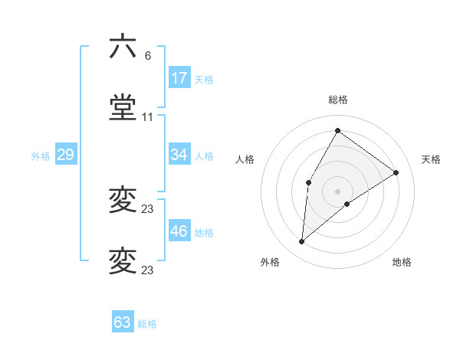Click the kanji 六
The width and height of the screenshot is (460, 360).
click(x=123, y=47)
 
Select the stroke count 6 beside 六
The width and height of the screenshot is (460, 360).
click(x=148, y=56)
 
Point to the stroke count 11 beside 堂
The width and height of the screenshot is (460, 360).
click(x=148, y=117)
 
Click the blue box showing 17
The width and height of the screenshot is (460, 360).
click(x=179, y=78)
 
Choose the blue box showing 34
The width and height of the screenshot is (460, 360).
click(x=179, y=155)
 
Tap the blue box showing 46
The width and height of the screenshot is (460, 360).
click(x=179, y=231)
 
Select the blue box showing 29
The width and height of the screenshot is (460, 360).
click(x=65, y=155)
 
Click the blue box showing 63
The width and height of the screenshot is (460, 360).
click(x=123, y=322)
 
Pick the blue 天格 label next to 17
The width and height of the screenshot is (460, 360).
click(x=203, y=80)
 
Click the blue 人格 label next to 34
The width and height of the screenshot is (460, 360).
click(x=203, y=156)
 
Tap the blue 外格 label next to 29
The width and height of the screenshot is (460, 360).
click(x=41, y=156)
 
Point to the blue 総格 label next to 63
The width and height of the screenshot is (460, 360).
click(x=147, y=324)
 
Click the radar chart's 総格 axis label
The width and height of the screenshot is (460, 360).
click(x=337, y=100)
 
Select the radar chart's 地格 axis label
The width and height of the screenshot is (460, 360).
click(x=402, y=262)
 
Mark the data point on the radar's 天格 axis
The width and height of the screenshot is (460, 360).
click(x=396, y=172)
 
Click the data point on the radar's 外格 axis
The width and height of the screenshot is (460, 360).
click(x=302, y=242)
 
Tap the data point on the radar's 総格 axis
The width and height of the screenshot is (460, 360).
click(x=337, y=131)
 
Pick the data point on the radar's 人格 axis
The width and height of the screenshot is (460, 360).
click(x=309, y=182)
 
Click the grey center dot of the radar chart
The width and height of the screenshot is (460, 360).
click(x=337, y=191)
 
